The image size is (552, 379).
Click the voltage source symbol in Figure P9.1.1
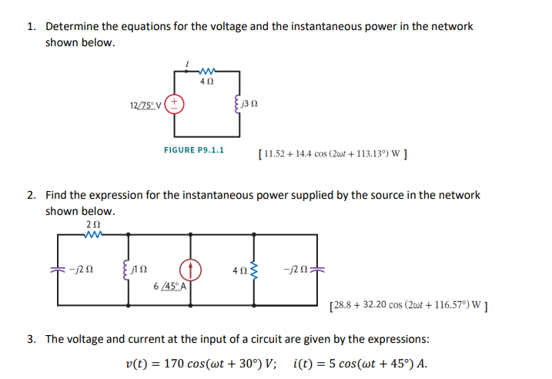click(176, 102)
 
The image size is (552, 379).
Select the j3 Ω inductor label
click(249, 103)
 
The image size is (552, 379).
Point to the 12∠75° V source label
click(146, 103)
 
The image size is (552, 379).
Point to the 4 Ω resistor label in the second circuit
click(239, 270)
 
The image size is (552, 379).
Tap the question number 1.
click(31, 26)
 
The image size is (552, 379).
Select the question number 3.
click(31, 338)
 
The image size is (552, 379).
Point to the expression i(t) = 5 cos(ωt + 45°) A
click(360, 364)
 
